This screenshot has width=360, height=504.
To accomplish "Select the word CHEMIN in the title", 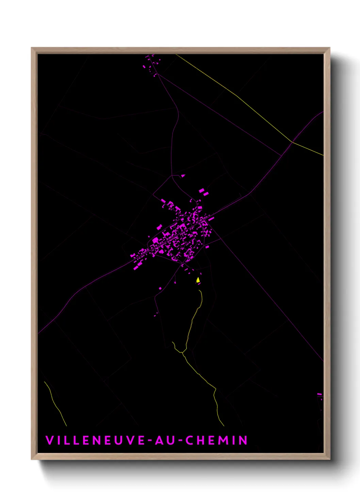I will click(x=216, y=440).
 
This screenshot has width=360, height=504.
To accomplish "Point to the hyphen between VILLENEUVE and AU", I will click(x=150, y=441).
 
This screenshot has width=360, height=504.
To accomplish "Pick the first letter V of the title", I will click(x=49, y=440).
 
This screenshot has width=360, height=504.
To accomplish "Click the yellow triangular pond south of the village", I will click(x=198, y=280).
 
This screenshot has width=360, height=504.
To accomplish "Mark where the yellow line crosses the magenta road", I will click(x=292, y=142).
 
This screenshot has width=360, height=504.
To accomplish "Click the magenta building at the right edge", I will click(x=320, y=394).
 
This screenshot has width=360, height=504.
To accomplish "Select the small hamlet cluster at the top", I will click(x=151, y=65).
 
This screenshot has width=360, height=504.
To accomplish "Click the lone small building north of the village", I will click(x=183, y=176).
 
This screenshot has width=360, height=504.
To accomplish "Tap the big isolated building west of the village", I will click(x=159, y=227).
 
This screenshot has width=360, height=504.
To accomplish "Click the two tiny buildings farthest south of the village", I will click(x=156, y=314).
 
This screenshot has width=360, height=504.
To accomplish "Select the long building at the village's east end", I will click(x=211, y=219).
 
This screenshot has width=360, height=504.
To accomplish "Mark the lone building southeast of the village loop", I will click(x=207, y=247).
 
